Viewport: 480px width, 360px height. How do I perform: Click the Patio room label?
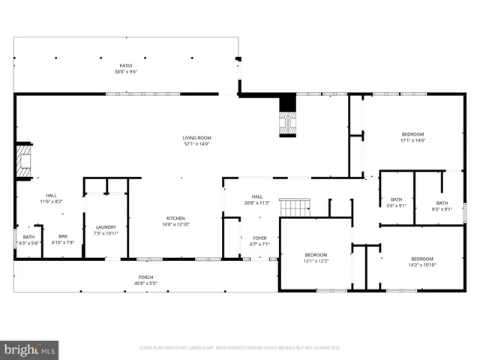coord(126,68)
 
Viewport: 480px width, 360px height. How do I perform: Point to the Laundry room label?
coord(105,230)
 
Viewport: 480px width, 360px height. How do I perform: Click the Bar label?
coord(63,239)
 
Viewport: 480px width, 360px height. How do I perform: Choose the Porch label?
coord(146,280)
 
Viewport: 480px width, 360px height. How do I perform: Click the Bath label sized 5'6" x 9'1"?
coord(396,202)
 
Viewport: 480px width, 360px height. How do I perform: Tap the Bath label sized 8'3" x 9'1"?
coord(442,205)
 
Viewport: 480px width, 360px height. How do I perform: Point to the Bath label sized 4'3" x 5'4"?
coord(28,239)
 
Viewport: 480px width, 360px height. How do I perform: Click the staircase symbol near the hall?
coord(294,207)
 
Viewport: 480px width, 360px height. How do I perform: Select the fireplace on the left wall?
coord(25,161)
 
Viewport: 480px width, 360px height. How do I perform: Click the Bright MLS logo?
coord(30,349)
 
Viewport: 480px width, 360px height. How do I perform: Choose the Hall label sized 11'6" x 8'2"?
coord(51,199)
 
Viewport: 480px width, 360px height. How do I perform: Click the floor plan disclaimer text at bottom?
coord(240,348)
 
